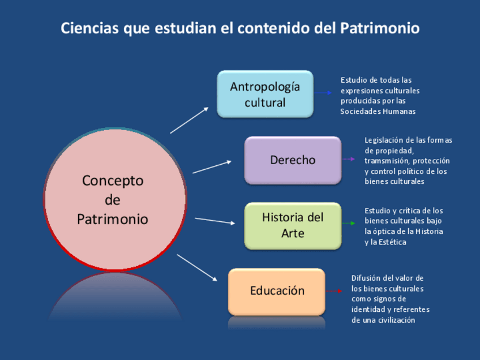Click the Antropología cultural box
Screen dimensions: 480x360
[265, 94]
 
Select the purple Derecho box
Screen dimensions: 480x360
[293, 160]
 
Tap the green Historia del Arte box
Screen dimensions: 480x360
[293, 225]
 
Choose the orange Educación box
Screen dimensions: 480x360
[277, 291]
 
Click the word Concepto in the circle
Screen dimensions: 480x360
[113, 181]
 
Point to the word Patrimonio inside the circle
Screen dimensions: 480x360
[113, 219]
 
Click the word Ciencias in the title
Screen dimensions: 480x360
[89, 28]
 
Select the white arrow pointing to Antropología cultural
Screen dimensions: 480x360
[190, 120]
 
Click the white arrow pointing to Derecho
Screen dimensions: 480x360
[212, 166]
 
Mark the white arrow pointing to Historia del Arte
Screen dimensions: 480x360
[215, 220]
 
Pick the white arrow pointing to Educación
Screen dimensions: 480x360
[197, 267]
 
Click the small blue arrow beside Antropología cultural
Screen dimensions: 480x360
[324, 93]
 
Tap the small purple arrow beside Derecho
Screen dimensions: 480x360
[349, 159]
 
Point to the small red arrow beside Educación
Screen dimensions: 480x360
[334, 291]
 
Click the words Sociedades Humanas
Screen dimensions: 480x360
[378, 112]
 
